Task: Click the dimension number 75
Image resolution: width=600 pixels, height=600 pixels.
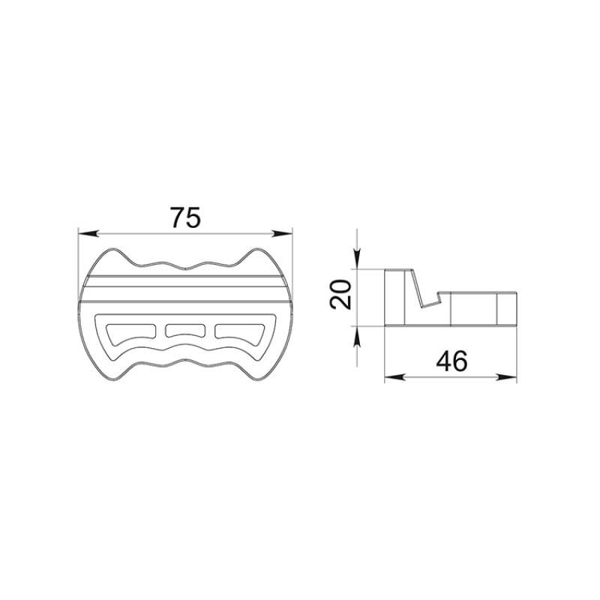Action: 185,217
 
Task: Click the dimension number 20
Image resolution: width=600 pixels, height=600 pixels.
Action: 340,294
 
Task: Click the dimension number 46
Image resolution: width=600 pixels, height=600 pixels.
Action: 451,361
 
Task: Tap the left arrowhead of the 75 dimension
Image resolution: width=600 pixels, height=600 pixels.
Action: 88,233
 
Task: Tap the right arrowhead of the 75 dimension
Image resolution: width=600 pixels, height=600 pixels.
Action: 282,233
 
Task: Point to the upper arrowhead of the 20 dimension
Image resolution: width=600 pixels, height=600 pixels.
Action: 357,259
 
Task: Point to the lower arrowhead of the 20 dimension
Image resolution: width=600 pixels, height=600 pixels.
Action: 357,337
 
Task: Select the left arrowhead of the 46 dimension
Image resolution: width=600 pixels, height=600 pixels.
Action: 395,377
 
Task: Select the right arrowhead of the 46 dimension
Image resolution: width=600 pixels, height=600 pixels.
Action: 506,377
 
